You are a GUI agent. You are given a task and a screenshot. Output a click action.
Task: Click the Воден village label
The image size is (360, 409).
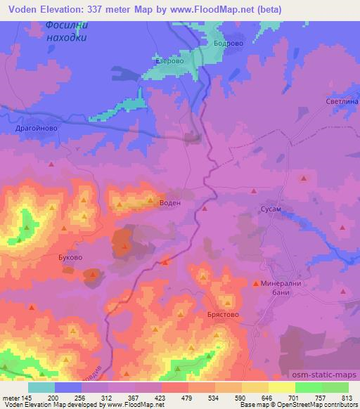click(170, 202)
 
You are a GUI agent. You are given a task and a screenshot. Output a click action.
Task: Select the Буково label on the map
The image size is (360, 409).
click(70, 258)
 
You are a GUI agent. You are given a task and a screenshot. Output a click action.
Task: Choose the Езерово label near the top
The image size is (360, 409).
click(169, 61)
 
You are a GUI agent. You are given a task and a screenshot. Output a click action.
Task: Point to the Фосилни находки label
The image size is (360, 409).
click(66, 31)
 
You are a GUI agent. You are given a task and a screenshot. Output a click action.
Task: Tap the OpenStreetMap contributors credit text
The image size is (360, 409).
click(319, 405)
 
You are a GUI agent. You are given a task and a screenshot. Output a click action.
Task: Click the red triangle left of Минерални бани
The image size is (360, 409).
click(255, 283)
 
